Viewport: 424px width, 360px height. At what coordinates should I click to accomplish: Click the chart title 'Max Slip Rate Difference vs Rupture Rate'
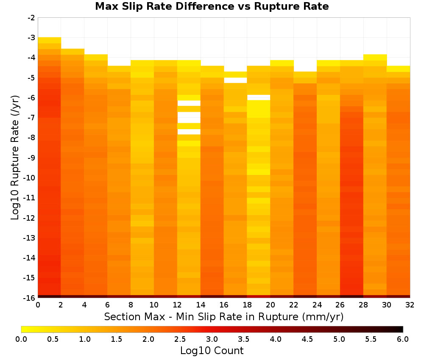click(212, 6)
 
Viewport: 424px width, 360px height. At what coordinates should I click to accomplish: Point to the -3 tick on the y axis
click(31, 38)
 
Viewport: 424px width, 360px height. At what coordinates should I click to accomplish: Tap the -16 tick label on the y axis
click(29, 298)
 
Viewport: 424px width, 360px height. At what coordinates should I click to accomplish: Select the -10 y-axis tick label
click(29, 178)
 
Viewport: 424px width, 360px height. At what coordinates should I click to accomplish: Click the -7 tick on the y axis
click(31, 118)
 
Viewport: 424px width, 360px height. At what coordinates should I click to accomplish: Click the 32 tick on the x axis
click(410, 305)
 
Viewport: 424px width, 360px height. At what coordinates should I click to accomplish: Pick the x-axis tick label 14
click(201, 305)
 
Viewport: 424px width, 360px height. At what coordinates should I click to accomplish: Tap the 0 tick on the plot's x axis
click(38, 305)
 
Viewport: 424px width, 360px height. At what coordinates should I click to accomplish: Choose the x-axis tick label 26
click(340, 305)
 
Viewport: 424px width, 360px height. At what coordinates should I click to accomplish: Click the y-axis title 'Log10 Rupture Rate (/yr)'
click(15, 158)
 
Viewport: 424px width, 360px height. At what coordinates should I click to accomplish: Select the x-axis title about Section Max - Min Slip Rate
click(223, 316)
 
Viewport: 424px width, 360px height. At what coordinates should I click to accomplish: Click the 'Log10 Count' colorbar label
click(212, 351)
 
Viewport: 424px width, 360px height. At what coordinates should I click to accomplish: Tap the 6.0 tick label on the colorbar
click(403, 339)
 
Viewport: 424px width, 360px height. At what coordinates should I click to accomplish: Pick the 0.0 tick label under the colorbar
click(21, 339)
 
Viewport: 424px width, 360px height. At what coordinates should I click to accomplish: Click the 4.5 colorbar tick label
click(307, 339)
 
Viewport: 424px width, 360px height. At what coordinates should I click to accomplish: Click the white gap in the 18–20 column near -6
click(259, 97)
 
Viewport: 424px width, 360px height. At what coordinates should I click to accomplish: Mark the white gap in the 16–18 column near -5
click(235, 80)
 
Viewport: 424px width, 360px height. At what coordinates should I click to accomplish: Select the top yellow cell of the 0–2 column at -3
click(50, 40)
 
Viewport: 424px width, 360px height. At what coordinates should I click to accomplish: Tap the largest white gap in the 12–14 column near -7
click(189, 117)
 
